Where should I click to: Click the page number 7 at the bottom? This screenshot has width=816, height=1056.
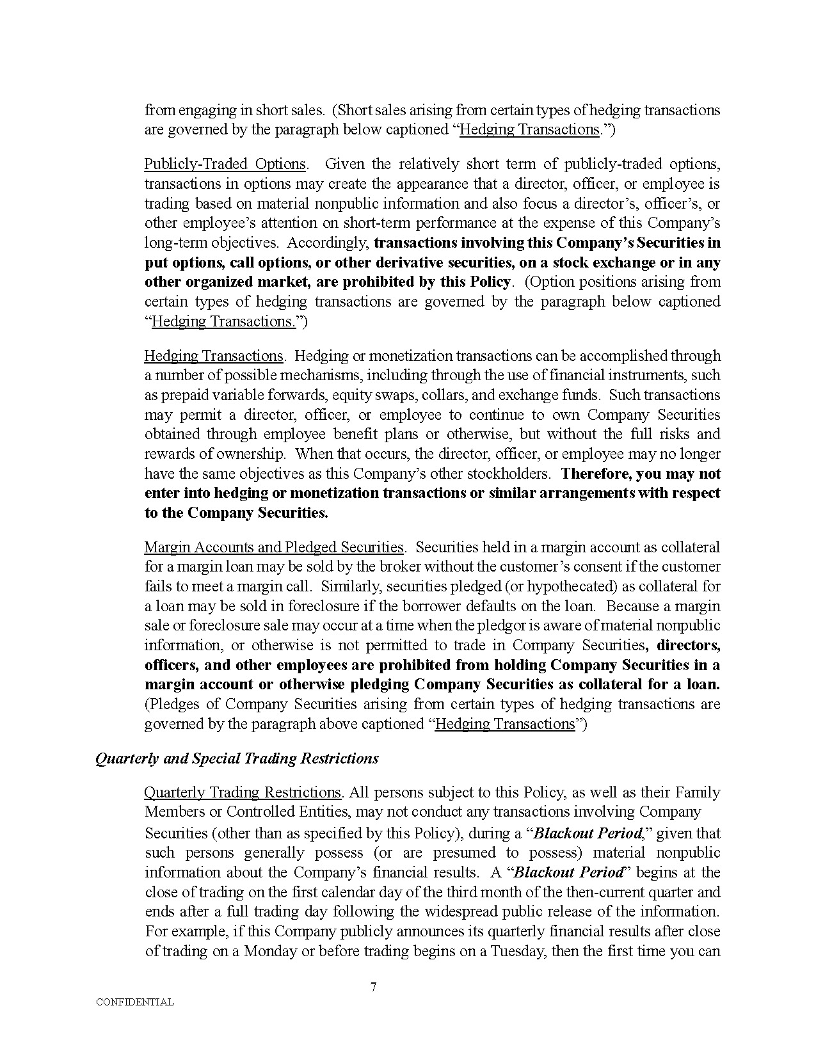point(373,986)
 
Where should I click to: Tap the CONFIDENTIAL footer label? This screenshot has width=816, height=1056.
point(134,1002)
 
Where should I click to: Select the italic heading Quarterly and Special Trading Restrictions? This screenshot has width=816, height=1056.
point(237,758)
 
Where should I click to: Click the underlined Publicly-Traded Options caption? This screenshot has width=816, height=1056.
point(225,164)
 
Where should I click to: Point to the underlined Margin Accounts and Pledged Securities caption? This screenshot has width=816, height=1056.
point(274,547)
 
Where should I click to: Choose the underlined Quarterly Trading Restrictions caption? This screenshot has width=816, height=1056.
point(243,792)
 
